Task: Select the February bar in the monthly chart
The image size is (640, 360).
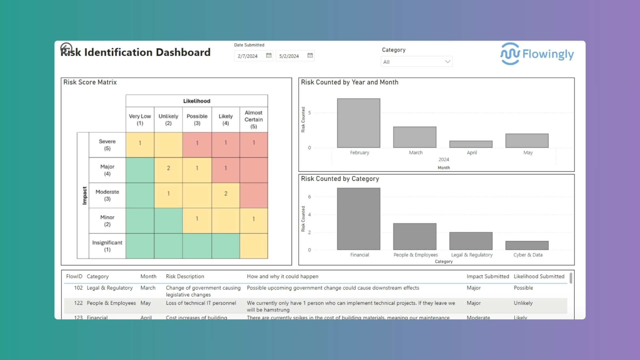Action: coord(358,123)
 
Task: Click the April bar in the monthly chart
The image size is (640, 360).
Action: coord(471,144)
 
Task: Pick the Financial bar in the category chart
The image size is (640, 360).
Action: coord(358,219)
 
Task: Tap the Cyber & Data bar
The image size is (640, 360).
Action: coord(527,245)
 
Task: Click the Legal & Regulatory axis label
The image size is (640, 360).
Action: coord(472,255)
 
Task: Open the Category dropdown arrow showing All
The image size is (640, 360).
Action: coord(447,62)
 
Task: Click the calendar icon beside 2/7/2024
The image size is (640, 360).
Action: coord(269,55)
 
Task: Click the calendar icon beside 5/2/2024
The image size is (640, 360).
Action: coord(310,55)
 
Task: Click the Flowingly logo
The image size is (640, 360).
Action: coord(537,54)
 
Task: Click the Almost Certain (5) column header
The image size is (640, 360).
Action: coord(254,119)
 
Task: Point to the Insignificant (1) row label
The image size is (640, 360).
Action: coord(107,246)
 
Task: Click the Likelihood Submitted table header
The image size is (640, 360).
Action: coord(539,276)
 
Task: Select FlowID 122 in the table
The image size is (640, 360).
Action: coord(78,303)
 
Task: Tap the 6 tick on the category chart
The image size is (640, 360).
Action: coord(309,197)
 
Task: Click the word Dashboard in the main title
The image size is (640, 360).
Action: coord(183,52)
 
